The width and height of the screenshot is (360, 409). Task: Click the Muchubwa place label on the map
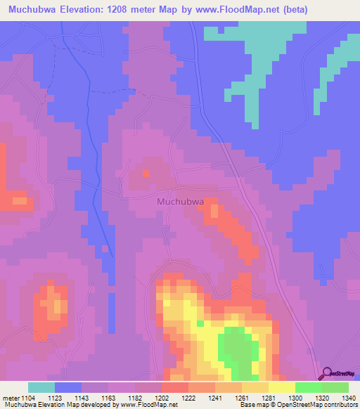point(180,201)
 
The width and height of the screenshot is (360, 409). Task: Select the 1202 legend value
point(162,398)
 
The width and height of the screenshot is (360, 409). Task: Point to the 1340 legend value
point(348,398)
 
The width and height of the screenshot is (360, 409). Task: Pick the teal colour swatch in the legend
point(41,387)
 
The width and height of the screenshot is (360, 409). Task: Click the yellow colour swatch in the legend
point(281,387)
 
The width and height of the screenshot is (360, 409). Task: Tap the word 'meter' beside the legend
point(11,398)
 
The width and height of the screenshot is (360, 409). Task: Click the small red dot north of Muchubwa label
point(146,172)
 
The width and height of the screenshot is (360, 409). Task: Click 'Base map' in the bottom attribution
point(252,405)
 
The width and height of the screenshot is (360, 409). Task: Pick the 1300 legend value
point(295,398)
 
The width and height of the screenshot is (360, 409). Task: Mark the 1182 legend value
point(135,398)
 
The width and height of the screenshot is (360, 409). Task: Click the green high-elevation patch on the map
point(236,348)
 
